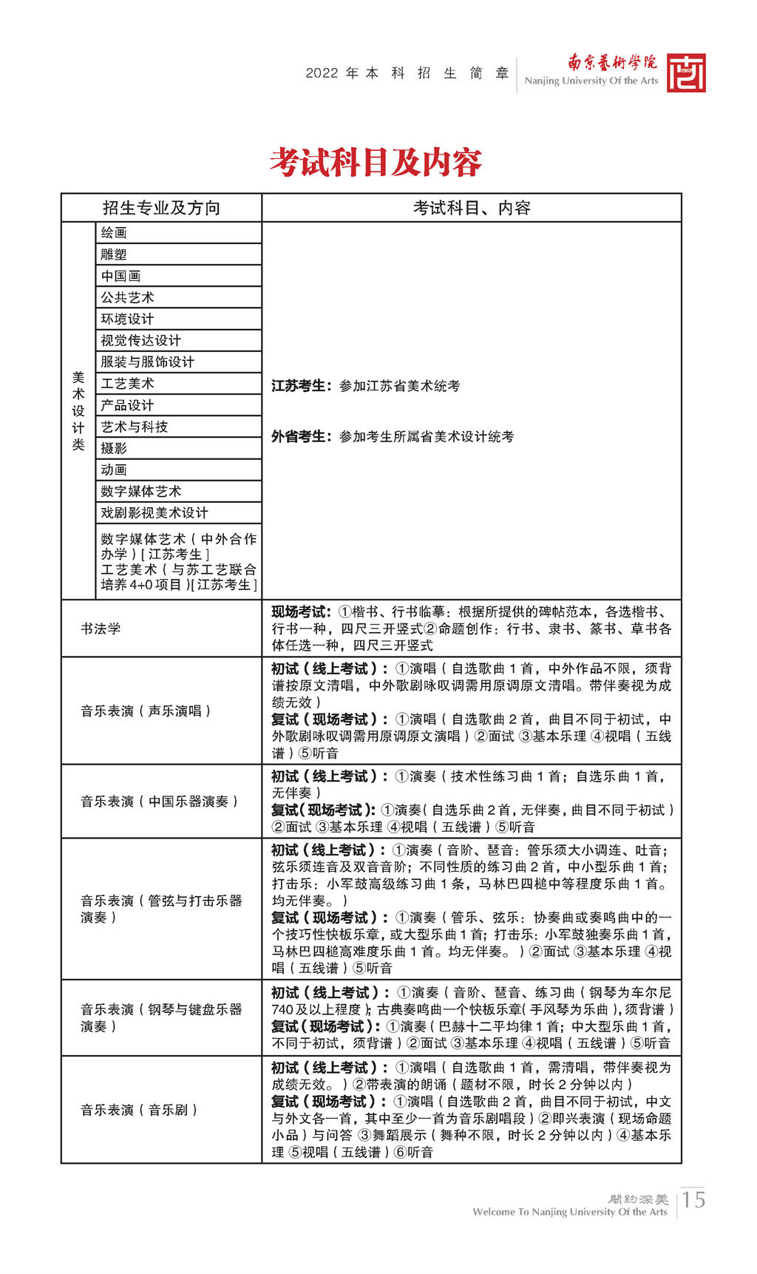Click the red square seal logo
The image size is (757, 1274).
pyautogui.click(x=686, y=72)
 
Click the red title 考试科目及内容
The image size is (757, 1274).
pyautogui.click(x=376, y=162)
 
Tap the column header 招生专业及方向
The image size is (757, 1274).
pyautogui.click(x=161, y=208)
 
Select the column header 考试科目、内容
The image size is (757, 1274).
pyautogui.click(x=472, y=208)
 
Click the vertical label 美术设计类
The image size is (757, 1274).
pyautogui.click(x=78, y=411)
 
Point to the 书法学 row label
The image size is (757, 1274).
pyautogui.click(x=101, y=628)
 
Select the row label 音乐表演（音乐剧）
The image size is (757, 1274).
pyautogui.click(x=140, y=1109)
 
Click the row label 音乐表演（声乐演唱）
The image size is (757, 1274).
pyautogui.click(x=147, y=711)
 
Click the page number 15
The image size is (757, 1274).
pyautogui.click(x=693, y=1199)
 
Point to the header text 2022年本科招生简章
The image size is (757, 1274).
pyautogui.click(x=407, y=73)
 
